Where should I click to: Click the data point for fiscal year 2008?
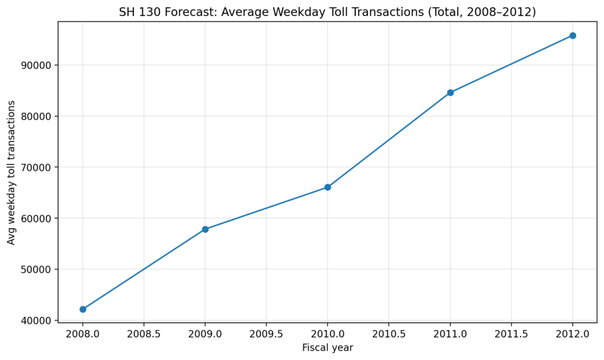tap(83, 309)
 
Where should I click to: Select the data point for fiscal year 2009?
tap(205, 229)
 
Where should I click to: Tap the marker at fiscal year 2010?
tap(327, 187)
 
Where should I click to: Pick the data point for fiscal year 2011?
tap(450, 93)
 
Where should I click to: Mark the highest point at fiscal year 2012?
tap(573, 35)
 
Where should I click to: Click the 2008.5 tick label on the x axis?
tap(144, 334)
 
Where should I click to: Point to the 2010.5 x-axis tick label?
tap(389, 334)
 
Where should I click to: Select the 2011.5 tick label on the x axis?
tap(511, 334)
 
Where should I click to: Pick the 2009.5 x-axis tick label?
tap(266, 334)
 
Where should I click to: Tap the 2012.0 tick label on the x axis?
tap(573, 334)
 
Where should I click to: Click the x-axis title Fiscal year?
tap(327, 348)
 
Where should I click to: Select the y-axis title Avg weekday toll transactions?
tap(12, 172)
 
